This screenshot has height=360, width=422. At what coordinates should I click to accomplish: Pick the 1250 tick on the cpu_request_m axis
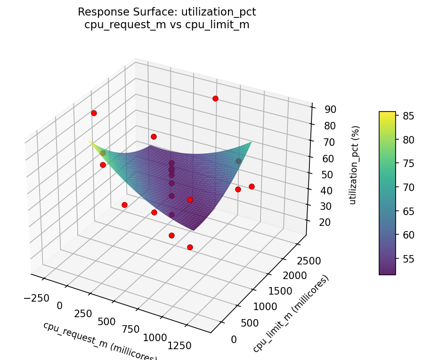tap(179, 346)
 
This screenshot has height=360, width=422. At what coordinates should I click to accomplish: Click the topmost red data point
tap(215, 98)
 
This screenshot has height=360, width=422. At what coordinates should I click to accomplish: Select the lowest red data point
tap(190, 247)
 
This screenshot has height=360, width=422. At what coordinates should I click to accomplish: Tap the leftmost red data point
tap(94, 113)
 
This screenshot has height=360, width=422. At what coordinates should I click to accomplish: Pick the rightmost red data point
tap(252, 186)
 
